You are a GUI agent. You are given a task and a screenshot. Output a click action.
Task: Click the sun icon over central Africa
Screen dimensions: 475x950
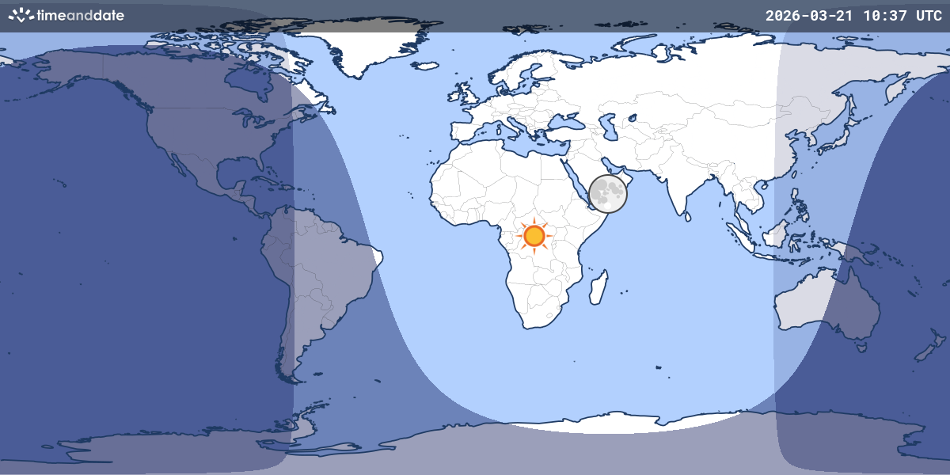[534, 235]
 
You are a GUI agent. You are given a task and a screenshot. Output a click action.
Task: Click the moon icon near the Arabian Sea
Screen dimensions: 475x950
[608, 193]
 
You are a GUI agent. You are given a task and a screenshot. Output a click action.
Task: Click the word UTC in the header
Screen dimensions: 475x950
[928, 16]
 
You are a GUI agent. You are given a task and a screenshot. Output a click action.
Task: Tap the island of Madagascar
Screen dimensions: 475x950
[598, 287]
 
